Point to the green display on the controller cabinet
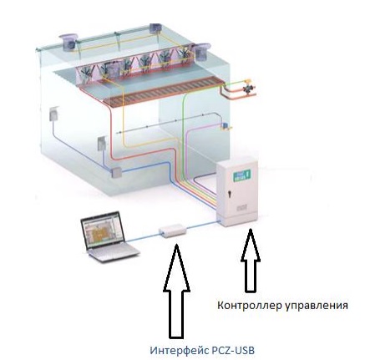pos(242,175)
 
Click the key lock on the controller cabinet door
pos(230,193)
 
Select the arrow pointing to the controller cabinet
pos(251,261)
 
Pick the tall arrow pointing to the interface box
pos(176,290)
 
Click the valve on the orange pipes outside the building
pos(246,88)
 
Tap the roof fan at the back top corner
pos(155,28)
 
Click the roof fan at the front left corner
pos(68,42)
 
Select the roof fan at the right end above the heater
pos(201,52)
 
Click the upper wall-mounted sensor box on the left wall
pos(54,114)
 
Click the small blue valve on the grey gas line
pos(224,126)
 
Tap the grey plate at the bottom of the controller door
pos(240,208)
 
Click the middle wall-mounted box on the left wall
pos(101,144)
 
